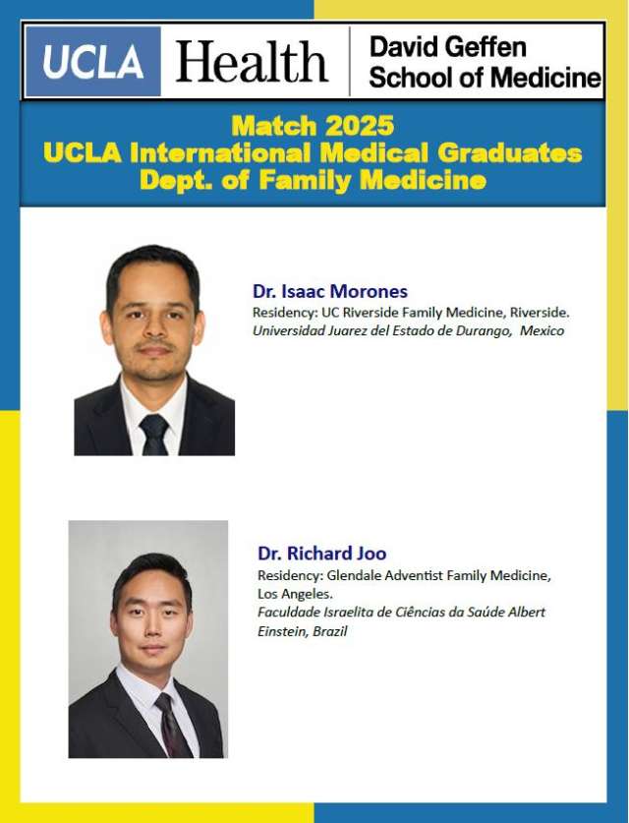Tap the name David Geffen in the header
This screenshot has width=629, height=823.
coord(448,46)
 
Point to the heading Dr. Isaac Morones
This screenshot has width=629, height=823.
coord(329,291)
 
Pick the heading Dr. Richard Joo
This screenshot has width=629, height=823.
coord(321,553)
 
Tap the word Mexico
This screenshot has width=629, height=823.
coord(543,331)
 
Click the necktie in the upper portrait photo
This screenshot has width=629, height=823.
coord(153,433)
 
